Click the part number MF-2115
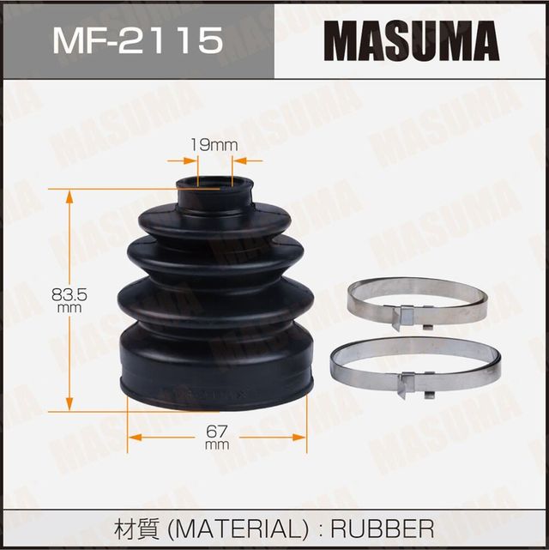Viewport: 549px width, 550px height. [x=137, y=39]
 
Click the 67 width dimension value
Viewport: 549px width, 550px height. [x=217, y=432]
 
